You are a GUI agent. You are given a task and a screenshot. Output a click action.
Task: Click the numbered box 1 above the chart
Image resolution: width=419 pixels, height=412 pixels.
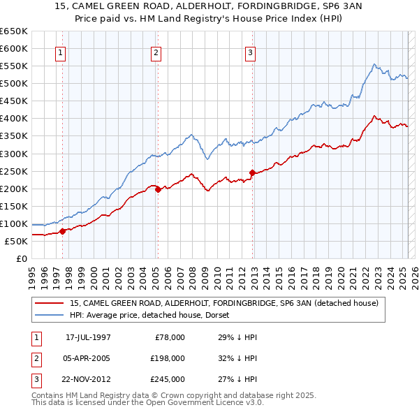(x=61, y=52)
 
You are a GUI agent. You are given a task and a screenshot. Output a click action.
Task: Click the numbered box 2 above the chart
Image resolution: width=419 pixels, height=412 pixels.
(x=156, y=52)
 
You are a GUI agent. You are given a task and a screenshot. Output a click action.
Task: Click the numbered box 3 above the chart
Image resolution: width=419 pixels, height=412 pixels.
(x=251, y=52)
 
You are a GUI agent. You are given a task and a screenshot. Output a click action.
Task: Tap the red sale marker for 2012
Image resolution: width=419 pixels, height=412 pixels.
(x=251, y=172)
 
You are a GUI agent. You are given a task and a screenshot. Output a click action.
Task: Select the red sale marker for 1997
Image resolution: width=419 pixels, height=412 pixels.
(x=62, y=231)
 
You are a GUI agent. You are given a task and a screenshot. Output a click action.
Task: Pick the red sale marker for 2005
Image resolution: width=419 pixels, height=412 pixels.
(x=157, y=189)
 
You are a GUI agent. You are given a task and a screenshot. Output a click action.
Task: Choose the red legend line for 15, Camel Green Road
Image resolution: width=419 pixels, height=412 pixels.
(x=50, y=303)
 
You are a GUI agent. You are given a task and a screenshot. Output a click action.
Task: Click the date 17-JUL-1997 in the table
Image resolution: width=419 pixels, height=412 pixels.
(x=88, y=337)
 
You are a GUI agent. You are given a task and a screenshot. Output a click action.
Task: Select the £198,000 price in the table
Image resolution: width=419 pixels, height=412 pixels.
(x=168, y=358)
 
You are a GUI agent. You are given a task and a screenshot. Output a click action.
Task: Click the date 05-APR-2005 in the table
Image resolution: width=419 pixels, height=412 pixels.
(x=88, y=358)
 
